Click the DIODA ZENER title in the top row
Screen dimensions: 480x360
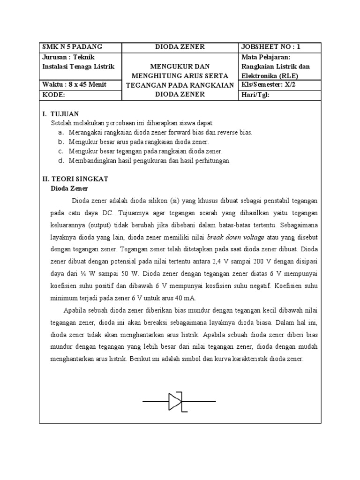point(180,47)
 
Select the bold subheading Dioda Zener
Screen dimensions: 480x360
point(69,188)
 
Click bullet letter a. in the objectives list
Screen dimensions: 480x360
point(61,133)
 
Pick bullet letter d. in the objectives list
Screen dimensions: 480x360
point(61,161)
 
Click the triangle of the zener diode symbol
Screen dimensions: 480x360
point(174,402)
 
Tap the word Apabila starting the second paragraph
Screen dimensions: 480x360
point(75,310)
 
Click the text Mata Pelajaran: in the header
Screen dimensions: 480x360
point(266,57)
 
